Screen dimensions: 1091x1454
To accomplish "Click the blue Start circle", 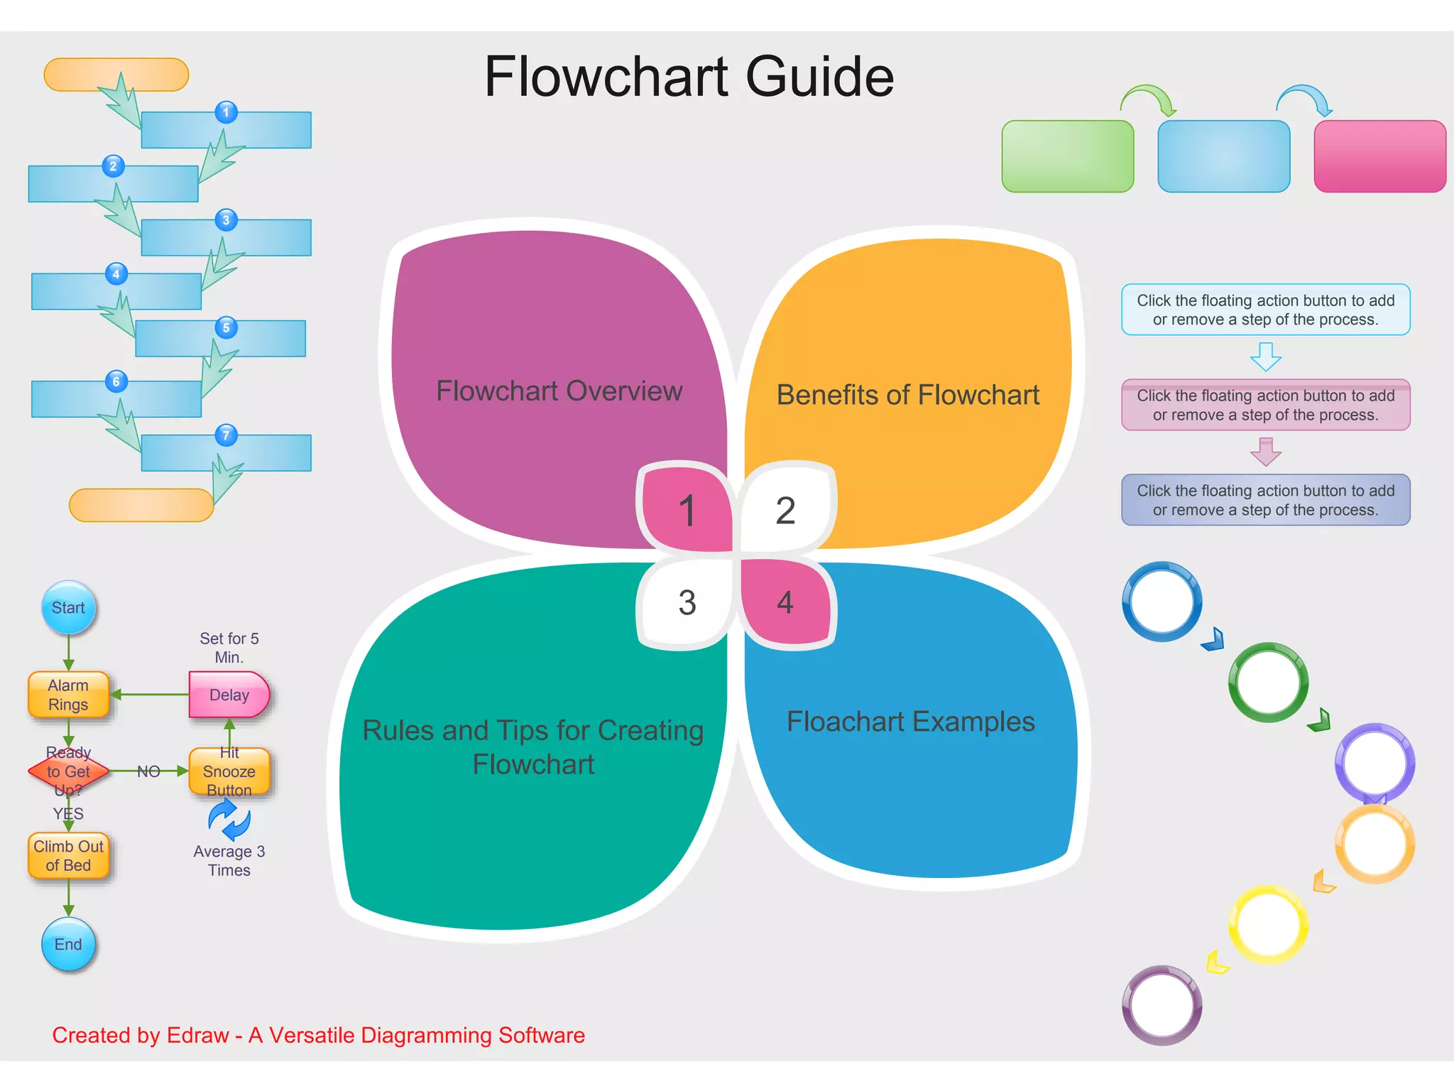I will [x=68, y=608].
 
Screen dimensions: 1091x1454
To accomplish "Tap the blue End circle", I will [x=68, y=944].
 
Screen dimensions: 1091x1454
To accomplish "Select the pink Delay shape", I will [x=229, y=695].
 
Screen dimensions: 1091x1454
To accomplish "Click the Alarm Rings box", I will [x=68, y=695].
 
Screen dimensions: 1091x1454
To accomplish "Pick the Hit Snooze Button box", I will [x=229, y=771].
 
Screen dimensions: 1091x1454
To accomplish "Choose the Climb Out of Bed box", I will [x=68, y=856].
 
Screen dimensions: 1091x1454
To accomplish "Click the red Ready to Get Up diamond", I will [x=68, y=771].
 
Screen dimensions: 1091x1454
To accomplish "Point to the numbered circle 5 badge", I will [x=226, y=327].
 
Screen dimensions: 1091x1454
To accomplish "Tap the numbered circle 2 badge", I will [x=113, y=166].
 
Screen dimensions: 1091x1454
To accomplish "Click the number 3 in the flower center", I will [x=687, y=602].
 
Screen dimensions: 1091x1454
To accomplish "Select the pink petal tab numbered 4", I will [x=785, y=602].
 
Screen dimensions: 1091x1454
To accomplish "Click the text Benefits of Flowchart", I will [x=907, y=395].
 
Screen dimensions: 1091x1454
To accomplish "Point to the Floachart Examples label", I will [x=910, y=722].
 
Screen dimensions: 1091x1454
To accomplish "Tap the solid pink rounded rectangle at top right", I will [x=1379, y=156].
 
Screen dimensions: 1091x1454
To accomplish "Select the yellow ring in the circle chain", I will [x=1268, y=924].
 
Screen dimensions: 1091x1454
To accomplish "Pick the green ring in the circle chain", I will [x=1268, y=683].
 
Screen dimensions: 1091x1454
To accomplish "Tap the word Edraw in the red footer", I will [x=197, y=1036].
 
